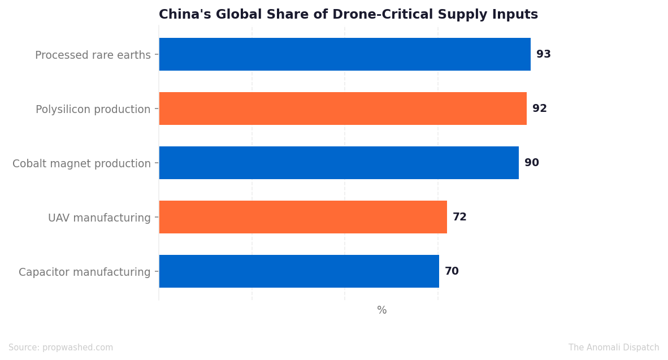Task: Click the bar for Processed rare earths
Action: pos(345,54)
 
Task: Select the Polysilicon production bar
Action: pos(343,109)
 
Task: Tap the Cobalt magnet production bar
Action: pos(339,163)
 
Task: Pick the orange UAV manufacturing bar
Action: pos(303,217)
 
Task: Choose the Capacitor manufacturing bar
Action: pos(299,271)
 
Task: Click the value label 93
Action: pos(544,54)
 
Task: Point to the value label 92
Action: pos(540,109)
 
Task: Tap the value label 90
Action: pos(532,163)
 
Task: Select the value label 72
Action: pos(459,217)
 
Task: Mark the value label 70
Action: pos(452,271)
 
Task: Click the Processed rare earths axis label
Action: pos(93,55)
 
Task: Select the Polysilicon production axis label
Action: pos(93,110)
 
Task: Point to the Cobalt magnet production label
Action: pos(81,163)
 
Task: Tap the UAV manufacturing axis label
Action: pos(99,218)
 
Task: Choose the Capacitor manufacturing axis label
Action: pos(84,272)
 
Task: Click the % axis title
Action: pos(381,310)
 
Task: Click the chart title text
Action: pos(349,14)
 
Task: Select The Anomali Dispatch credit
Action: pos(614,348)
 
